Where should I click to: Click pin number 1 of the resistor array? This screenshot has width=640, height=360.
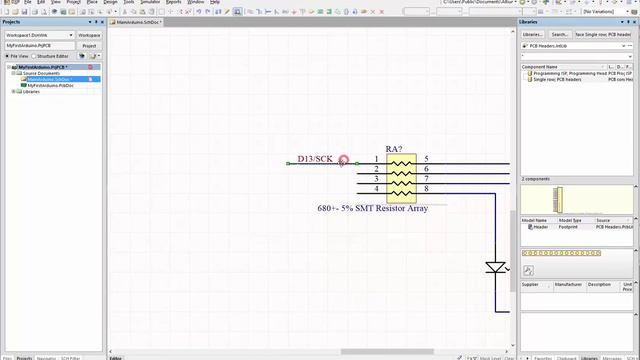coord(377,159)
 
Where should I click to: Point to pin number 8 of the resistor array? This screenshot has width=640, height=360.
coord(426,188)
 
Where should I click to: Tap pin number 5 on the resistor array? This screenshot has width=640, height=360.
coord(426,159)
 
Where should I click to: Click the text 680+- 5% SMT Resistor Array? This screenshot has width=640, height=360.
coord(372,208)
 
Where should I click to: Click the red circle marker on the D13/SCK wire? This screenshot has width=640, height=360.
coord(344,160)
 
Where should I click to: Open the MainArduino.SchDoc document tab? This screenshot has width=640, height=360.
coord(138,21)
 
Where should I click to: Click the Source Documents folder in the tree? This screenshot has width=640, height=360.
coord(42,73)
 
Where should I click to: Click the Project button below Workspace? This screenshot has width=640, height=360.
coord(89,45)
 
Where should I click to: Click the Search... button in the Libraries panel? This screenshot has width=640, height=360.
coord(560,34)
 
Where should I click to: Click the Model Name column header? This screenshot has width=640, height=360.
coord(535,220)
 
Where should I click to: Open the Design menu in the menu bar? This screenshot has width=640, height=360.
coord(110,2)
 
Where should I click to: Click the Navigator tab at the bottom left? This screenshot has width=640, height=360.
coord(46,357)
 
